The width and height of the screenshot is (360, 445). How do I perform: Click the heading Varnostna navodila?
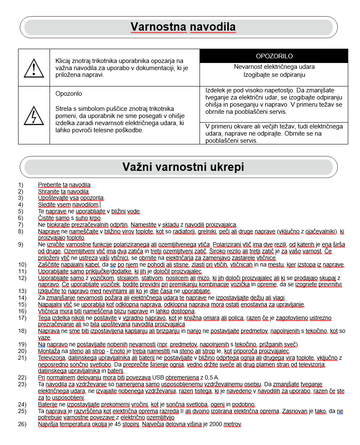tap(183, 27)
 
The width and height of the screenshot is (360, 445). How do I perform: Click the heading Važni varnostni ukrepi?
tap(183, 167)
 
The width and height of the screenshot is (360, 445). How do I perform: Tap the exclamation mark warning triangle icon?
tap(34, 68)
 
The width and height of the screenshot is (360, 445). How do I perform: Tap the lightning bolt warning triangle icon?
tap(34, 115)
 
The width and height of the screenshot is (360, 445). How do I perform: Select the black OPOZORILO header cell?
tap(274, 56)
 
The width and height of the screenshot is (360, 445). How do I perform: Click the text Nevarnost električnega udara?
tap(274, 67)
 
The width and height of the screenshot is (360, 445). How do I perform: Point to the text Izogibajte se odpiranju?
tap(274, 75)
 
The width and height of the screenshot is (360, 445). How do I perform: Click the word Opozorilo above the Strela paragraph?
tap(68, 94)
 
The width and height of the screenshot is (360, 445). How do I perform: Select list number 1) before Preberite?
tap(21, 185)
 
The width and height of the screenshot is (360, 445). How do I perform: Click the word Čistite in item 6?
tap(46, 218)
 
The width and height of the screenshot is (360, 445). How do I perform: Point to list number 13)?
tap(22, 291)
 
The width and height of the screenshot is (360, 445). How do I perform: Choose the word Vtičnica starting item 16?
tap(48, 311)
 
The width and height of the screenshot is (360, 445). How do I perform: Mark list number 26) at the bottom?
tap(22, 424)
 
